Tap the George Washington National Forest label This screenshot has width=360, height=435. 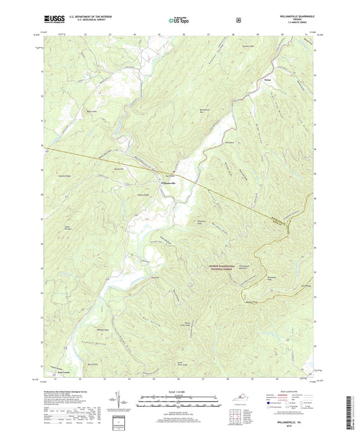coord(217,267)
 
